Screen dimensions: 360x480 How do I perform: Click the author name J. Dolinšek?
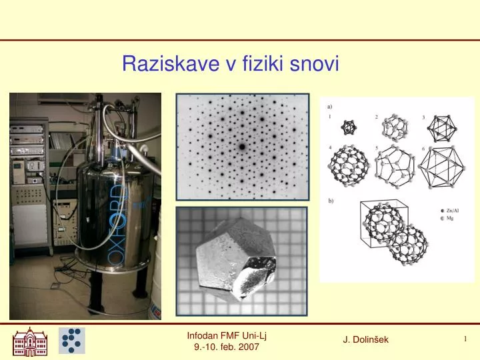point(366,341)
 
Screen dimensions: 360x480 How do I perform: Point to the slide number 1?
point(465,339)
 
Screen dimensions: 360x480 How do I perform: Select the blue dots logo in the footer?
point(71,341)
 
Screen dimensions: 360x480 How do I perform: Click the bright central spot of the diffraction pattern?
point(242,146)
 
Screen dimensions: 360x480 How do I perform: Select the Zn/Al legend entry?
point(451,211)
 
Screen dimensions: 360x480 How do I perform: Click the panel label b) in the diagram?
point(331,200)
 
